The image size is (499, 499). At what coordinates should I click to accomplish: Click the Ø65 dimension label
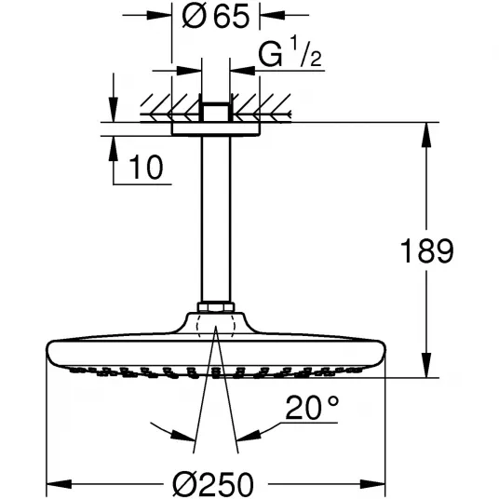click(x=215, y=16)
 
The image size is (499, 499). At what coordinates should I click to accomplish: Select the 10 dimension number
click(x=146, y=168)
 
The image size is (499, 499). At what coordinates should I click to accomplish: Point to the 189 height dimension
click(x=426, y=251)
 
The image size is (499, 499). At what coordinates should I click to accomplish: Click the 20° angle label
click(x=312, y=408)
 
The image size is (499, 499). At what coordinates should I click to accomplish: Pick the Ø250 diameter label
click(x=213, y=485)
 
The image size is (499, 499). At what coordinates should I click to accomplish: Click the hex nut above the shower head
click(x=216, y=307)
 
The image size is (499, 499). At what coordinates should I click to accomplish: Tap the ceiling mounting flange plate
click(x=216, y=128)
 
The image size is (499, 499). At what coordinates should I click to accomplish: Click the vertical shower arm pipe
click(x=216, y=219)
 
